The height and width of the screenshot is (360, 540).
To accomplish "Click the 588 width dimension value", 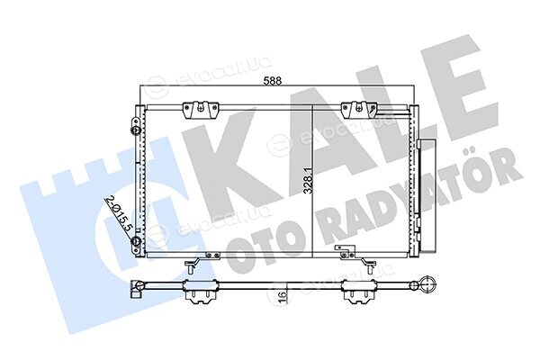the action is (273, 81).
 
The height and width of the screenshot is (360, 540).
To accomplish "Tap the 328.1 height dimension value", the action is (310, 180).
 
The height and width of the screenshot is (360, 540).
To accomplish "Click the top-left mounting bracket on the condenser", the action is (201, 110).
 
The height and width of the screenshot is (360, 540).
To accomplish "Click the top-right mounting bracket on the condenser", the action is (359, 110).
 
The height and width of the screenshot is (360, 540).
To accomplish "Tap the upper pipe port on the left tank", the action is (136, 130).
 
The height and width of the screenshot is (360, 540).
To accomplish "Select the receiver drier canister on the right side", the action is (426, 195).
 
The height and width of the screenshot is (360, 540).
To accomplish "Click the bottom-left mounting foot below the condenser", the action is (192, 265).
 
